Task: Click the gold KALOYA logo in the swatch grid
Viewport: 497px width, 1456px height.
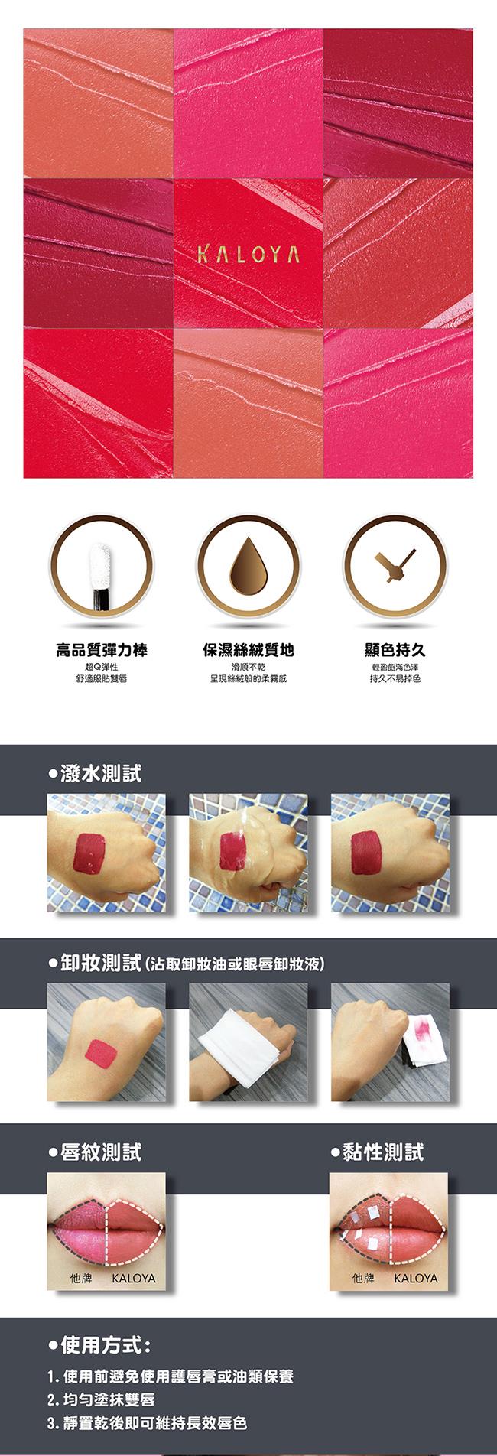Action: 248,255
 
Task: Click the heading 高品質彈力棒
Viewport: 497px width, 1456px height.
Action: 102,649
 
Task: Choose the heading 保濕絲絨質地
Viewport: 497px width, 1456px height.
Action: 248,649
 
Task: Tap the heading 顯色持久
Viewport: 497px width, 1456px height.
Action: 395,649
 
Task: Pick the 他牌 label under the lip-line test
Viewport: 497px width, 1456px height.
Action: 80,1278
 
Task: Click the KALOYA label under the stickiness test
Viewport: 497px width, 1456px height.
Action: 416,1278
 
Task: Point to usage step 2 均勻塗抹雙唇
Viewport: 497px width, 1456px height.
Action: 101,1399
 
